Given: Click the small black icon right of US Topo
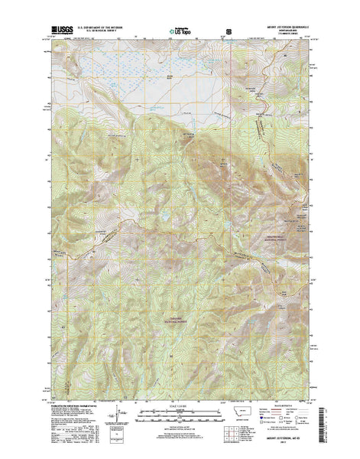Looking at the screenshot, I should coord(228,33).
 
